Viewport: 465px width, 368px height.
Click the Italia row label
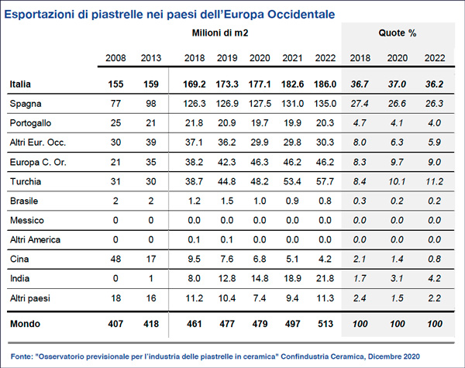pyautogui.click(x=20, y=84)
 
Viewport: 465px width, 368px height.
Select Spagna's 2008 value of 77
pyautogui.click(x=115, y=104)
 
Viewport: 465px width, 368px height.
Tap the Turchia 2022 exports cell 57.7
pyautogui.click(x=325, y=181)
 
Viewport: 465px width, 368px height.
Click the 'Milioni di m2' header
pyautogui.click(x=220, y=33)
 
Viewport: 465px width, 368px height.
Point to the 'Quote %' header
pyautogui.click(x=398, y=33)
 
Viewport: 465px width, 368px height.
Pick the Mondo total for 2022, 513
pyautogui.click(x=325, y=324)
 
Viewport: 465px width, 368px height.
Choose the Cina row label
pyautogui.click(x=19, y=260)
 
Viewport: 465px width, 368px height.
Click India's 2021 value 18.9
pyautogui.click(x=292, y=278)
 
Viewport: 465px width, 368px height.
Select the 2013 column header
pyautogui.click(x=151, y=58)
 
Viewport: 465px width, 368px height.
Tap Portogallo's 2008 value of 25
pyautogui.click(x=115, y=123)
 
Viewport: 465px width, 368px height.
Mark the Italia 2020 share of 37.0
pyautogui.click(x=397, y=84)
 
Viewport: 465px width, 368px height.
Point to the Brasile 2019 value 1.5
pyautogui.click(x=227, y=201)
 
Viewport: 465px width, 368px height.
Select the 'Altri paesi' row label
pyautogui.click(x=30, y=298)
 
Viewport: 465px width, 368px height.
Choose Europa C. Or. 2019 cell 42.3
pyautogui.click(x=227, y=162)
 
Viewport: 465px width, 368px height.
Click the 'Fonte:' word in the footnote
pyautogui.click(x=22, y=356)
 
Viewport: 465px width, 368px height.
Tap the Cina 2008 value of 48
pyautogui.click(x=115, y=260)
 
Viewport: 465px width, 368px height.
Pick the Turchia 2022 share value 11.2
pyautogui.click(x=435, y=181)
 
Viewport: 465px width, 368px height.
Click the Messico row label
pyautogui.click(x=27, y=220)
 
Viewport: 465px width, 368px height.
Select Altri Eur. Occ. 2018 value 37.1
pyautogui.click(x=195, y=143)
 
